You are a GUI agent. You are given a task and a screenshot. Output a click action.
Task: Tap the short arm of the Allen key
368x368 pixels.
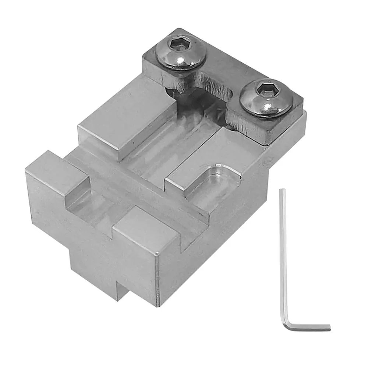pyautogui.click(x=309, y=326)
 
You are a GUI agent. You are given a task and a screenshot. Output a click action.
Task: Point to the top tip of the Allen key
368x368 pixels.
pyautogui.click(x=282, y=191)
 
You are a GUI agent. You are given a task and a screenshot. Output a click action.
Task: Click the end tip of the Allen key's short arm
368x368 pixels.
pyautogui.click(x=329, y=327)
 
